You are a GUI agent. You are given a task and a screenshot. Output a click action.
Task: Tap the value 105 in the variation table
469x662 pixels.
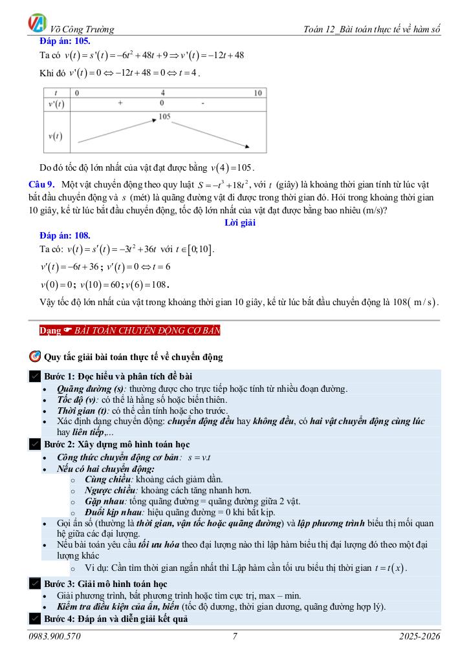pos(163,116)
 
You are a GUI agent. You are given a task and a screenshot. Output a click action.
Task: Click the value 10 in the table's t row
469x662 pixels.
pos(257,93)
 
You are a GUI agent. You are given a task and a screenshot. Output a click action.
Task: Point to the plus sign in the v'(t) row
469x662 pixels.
pos(120,103)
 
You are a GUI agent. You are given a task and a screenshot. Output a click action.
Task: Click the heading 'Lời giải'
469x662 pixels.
pos(240,222)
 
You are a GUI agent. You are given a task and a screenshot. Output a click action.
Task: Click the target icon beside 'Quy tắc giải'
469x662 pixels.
pos(35,356)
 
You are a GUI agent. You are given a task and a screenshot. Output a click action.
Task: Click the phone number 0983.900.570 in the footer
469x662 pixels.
pos(55,637)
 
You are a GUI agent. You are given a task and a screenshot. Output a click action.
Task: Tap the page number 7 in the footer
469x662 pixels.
pos(235,637)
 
